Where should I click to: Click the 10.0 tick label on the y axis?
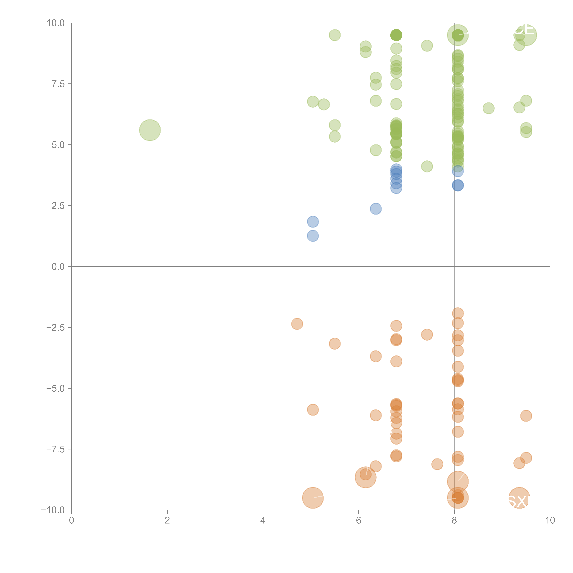[55, 23]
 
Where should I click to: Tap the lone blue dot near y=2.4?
[375, 209]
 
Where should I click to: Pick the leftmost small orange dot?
[297, 324]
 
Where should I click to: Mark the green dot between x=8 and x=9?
[488, 108]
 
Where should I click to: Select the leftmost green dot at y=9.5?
[335, 35]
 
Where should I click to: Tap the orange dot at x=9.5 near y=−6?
[526, 416]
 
